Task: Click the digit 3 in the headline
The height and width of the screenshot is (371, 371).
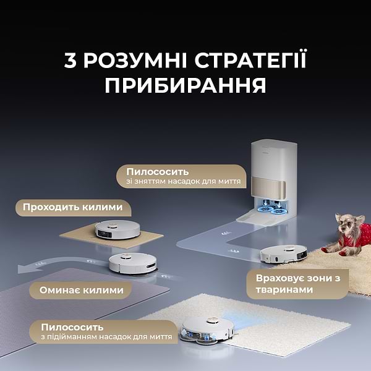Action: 72,62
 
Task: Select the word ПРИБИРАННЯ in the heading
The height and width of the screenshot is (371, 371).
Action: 185,85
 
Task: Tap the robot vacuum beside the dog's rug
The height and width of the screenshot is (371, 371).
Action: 283,253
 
